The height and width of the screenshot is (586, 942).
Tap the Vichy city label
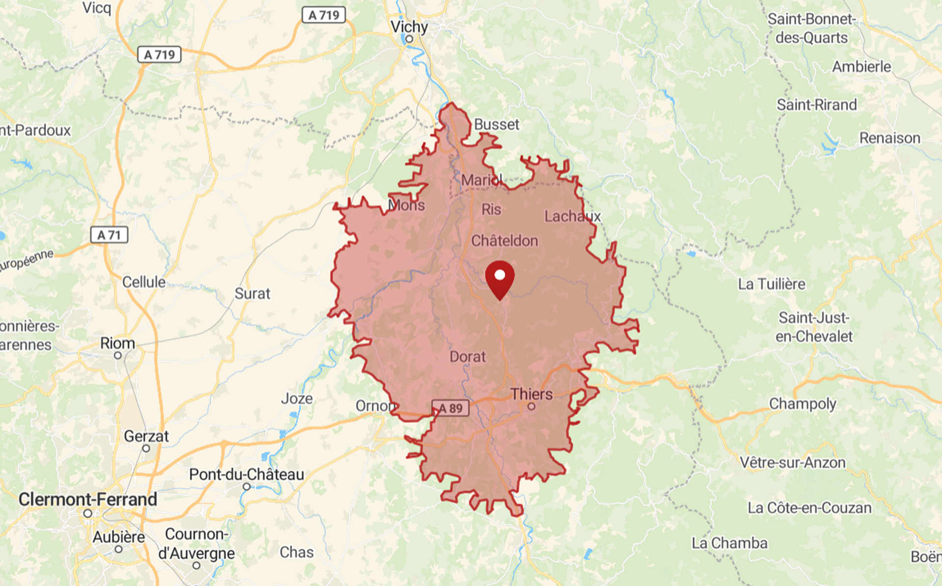[409, 27]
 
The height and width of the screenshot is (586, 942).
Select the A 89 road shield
[450, 408]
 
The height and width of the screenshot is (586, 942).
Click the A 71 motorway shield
[109, 235]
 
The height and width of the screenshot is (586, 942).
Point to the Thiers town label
[531, 394]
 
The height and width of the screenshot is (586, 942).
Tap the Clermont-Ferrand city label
[88, 499]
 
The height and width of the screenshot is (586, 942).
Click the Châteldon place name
[504, 241]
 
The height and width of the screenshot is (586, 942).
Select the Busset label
[497, 124]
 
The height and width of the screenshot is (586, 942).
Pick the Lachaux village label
[573, 216]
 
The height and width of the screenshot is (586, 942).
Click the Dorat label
[468, 357]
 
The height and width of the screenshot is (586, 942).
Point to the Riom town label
[118, 343]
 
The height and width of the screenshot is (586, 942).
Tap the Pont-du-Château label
[247, 474]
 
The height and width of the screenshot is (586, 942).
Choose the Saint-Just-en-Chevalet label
[814, 327]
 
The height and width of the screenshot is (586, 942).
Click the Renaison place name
[890, 138]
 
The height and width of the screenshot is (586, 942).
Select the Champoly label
[803, 404]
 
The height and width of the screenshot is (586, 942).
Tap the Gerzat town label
[146, 436]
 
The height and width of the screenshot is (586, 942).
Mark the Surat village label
[252, 293]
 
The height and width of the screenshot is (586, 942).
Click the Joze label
[297, 398]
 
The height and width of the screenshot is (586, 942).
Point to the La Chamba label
[730, 543]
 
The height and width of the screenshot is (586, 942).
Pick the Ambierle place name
[862, 66]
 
